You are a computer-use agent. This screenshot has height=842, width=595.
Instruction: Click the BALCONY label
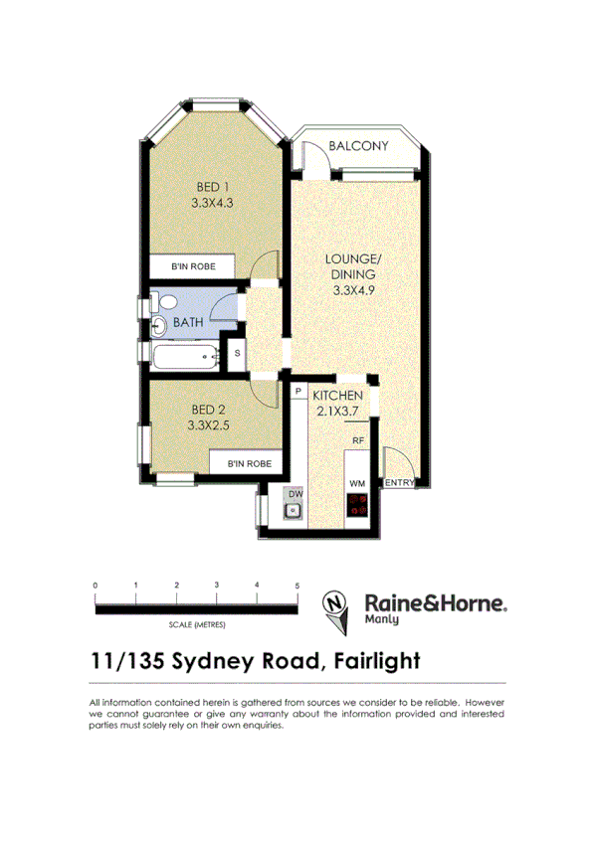tap(358, 146)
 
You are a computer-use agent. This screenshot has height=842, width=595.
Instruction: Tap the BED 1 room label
tap(211, 187)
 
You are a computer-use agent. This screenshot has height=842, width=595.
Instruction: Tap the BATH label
tap(188, 323)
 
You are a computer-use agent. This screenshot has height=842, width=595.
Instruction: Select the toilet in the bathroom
tap(165, 302)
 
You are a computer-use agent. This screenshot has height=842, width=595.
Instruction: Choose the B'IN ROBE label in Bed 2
tap(249, 462)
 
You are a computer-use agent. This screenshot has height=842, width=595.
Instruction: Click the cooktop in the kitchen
tap(358, 505)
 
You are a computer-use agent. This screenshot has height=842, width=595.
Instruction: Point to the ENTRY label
tap(399, 483)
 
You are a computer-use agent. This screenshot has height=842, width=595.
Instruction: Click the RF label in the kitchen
tap(357, 439)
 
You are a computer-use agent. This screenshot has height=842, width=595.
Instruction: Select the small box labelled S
tap(237, 352)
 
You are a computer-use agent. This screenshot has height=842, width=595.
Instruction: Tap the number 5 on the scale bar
tap(297, 586)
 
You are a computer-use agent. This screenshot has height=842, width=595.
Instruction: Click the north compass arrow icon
tap(336, 607)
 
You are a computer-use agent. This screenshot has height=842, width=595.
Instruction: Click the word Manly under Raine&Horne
tap(382, 619)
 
